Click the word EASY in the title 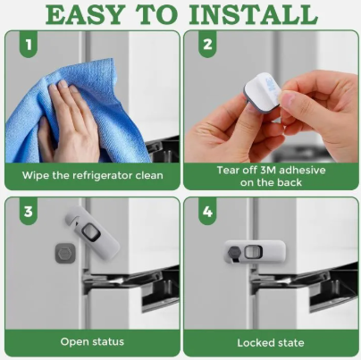pyautogui.click(x=85, y=14)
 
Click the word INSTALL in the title pyautogui.click(x=254, y=14)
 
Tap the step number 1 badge pyautogui.click(x=29, y=45)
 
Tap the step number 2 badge pyautogui.click(x=207, y=44)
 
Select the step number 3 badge pyautogui.click(x=29, y=212)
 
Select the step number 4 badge pyautogui.click(x=207, y=212)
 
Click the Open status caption pyautogui.click(x=92, y=341)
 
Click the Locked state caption pyautogui.click(x=271, y=343)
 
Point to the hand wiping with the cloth pyautogui.click(x=69, y=122)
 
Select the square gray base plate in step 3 pyautogui.click(x=65, y=253)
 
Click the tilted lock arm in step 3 pyautogui.click(x=92, y=230)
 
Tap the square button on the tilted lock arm pyautogui.click(x=90, y=231)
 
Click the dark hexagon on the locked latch pyautogui.click(x=233, y=253)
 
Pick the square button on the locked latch pyautogui.click(x=253, y=252)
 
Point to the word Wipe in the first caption pyautogui.click(x=35, y=175)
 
